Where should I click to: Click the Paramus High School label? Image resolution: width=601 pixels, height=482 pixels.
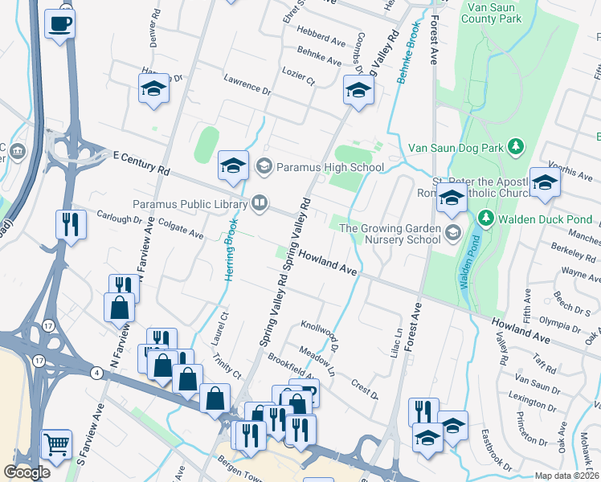(330, 167)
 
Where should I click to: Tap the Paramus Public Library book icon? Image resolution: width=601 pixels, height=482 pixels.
(260, 202)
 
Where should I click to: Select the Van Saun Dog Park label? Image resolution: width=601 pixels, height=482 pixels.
(456, 147)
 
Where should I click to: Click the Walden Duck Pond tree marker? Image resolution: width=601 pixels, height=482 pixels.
(484, 219)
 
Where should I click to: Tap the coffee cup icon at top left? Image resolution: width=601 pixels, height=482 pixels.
(59, 24)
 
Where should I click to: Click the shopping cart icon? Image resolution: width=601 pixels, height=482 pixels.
(55, 444)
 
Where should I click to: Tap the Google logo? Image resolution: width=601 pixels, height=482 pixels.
(27, 472)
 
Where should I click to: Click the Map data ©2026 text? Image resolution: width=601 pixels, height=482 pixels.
(566, 476)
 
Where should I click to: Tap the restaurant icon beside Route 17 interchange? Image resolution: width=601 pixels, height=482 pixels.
(70, 224)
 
